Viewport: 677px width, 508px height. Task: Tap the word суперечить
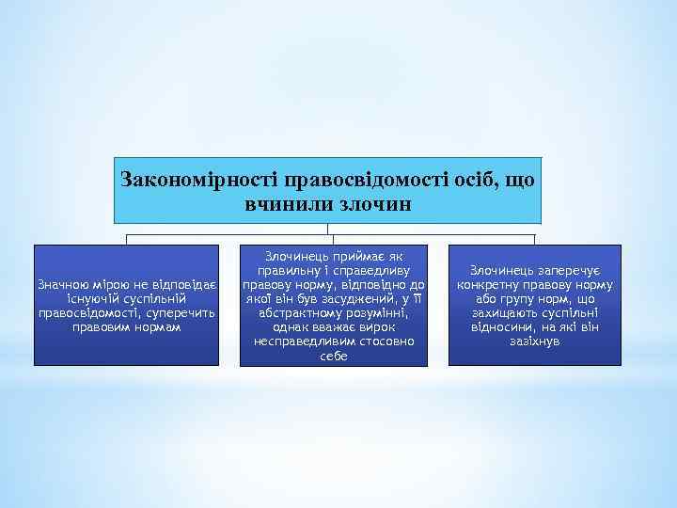pos(179,312)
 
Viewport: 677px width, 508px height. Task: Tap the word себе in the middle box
pos(334,356)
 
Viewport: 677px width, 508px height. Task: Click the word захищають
pos(510,312)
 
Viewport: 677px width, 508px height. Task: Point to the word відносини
pos(503,326)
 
